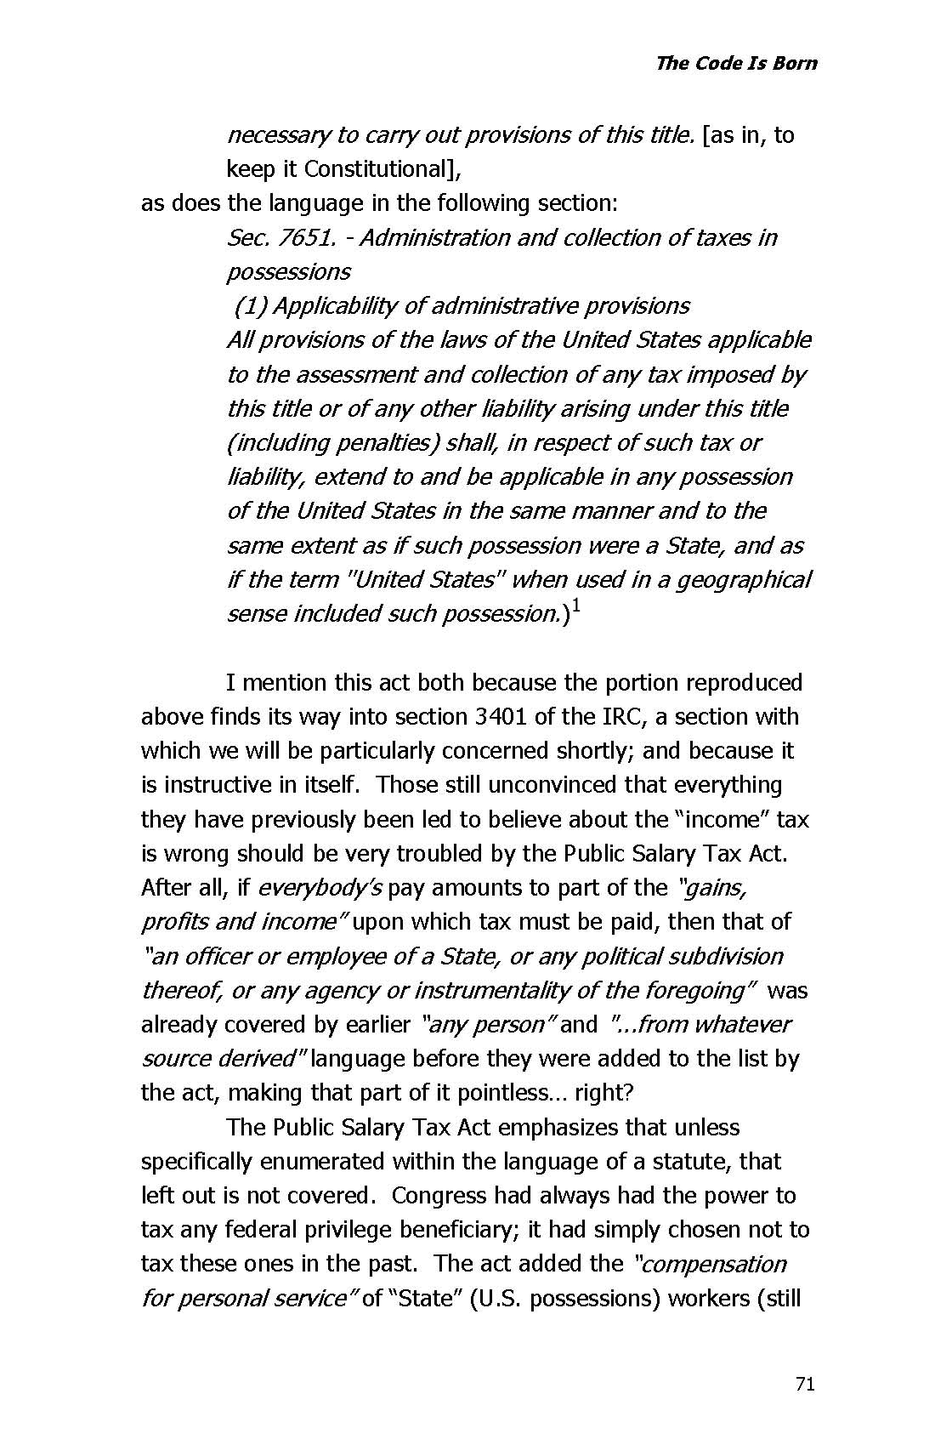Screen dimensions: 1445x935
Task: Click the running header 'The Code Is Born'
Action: pyautogui.click(x=736, y=63)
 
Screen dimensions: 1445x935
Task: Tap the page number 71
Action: pyautogui.click(x=805, y=1385)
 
